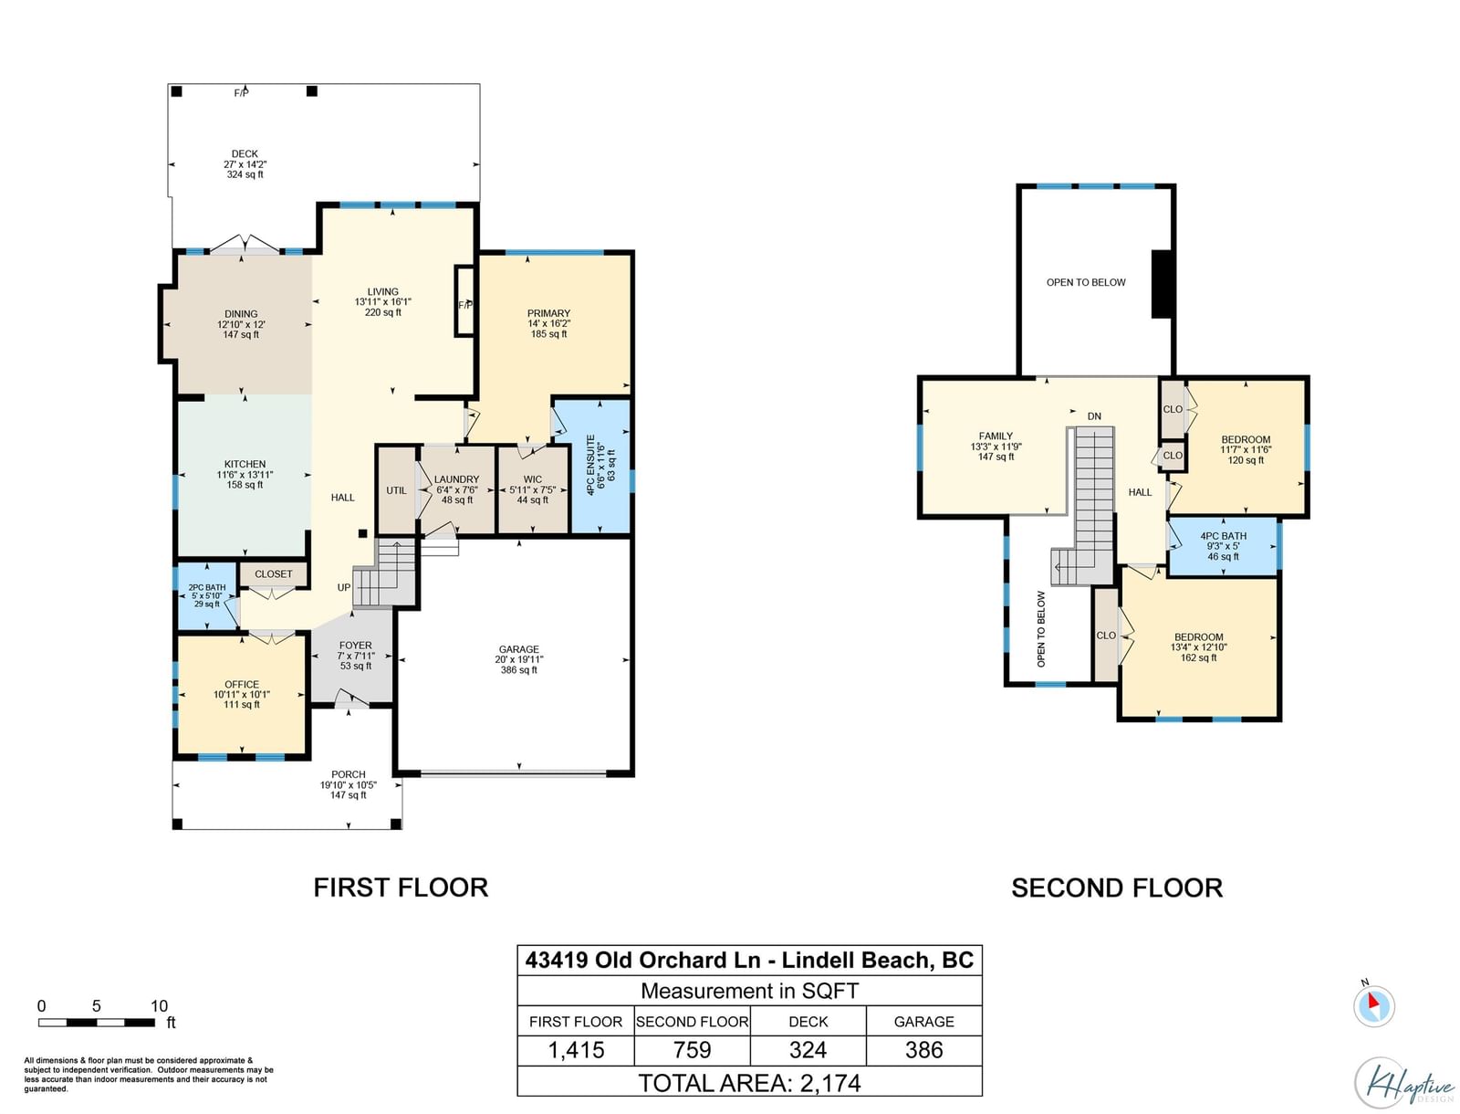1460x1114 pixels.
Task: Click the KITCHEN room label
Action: (x=245, y=465)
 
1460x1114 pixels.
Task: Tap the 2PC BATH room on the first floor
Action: (x=207, y=596)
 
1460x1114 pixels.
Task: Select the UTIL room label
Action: (x=396, y=490)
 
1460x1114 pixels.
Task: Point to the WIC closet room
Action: (x=533, y=489)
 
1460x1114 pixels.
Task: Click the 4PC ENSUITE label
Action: (x=590, y=465)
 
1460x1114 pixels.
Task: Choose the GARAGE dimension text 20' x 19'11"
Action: (x=519, y=659)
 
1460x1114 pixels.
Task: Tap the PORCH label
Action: (x=349, y=774)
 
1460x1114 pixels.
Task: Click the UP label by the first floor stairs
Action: (x=344, y=588)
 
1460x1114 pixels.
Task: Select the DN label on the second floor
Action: (x=1094, y=416)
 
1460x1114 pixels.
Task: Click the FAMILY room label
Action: (x=996, y=436)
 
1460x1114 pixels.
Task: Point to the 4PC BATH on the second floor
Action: (x=1224, y=546)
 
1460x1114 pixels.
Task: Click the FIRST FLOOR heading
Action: (x=401, y=888)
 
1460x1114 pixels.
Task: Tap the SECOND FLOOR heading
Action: (x=1118, y=888)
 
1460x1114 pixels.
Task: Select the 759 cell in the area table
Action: (x=693, y=1050)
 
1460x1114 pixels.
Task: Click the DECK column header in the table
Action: (x=808, y=1022)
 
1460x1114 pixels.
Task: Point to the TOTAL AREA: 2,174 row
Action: (x=750, y=1083)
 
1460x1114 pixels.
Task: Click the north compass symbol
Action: (x=1373, y=1004)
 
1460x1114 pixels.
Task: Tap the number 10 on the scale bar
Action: (x=159, y=1005)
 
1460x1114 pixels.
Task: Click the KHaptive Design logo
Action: (x=1405, y=1083)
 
